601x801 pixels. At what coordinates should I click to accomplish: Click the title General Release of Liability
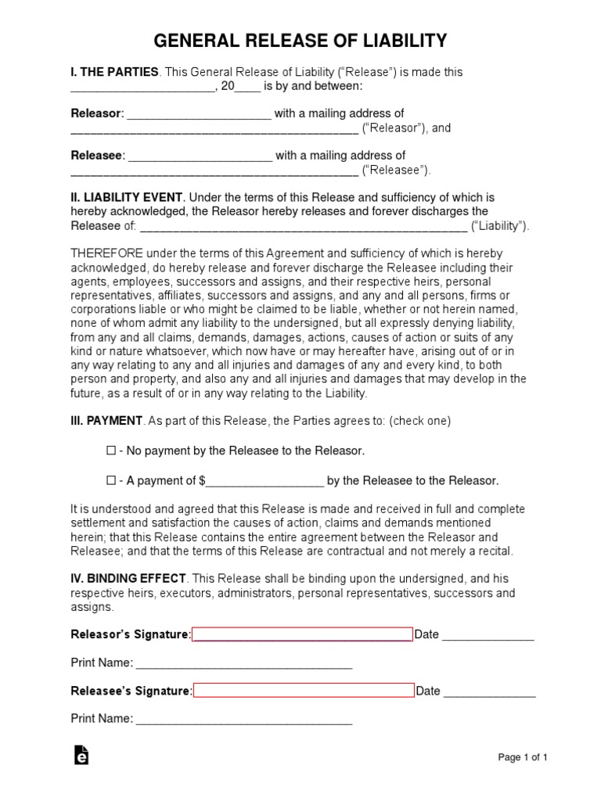(300, 41)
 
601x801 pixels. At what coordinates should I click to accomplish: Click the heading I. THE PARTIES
(115, 72)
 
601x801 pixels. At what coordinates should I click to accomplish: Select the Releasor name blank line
(199, 114)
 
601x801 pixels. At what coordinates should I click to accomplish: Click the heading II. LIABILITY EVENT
(128, 197)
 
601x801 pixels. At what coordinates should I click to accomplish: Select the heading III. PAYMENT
(106, 421)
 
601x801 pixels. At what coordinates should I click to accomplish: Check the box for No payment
(110, 451)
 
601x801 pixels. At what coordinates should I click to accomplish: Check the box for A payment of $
(110, 480)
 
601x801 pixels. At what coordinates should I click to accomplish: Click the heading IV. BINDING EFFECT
(128, 578)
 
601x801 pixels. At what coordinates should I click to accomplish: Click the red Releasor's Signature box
(302, 634)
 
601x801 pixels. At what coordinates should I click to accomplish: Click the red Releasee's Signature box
(304, 691)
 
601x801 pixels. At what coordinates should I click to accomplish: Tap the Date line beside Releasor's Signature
(488, 635)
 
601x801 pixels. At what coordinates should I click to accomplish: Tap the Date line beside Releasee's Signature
(489, 691)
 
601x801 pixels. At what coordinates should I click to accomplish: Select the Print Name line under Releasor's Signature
(243, 663)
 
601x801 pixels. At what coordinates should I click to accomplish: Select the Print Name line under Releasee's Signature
(243, 719)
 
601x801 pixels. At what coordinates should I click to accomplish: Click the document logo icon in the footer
(81, 756)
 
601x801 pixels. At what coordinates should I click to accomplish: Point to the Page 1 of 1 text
(523, 757)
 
